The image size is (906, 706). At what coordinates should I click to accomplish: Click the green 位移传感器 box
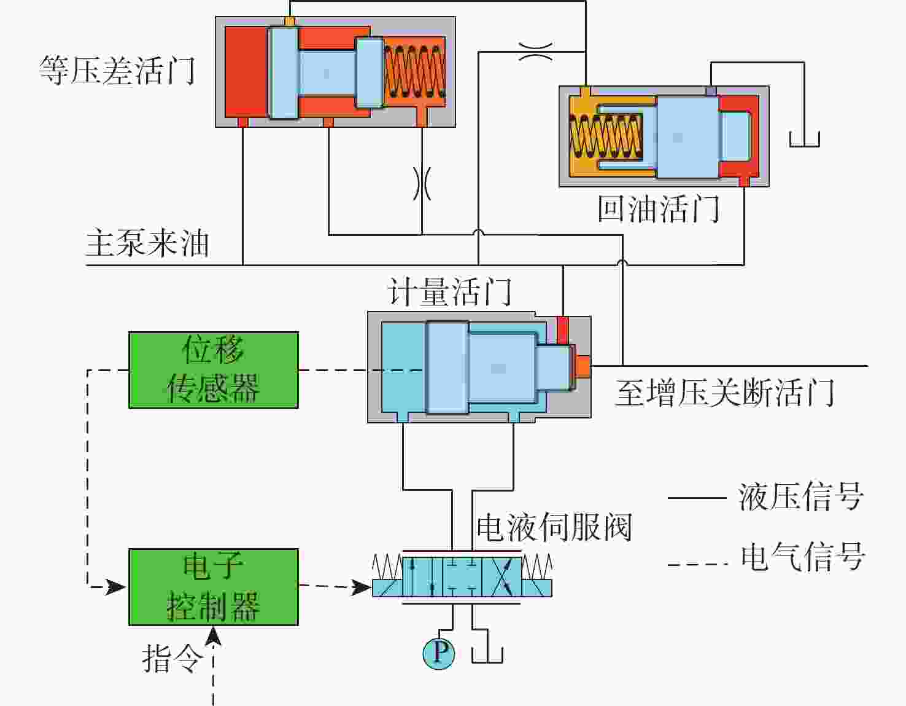[213, 370]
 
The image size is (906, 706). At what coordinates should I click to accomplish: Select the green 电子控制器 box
[213, 587]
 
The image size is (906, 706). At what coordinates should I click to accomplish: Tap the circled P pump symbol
[438, 653]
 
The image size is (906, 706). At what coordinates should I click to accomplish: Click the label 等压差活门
[117, 70]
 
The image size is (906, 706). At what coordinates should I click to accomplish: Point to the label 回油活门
[658, 209]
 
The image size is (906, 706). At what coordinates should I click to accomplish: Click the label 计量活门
[449, 292]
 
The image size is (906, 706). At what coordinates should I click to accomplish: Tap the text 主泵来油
[147, 243]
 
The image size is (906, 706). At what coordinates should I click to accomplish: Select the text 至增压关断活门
[725, 393]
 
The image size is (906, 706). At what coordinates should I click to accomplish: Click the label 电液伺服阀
[554, 527]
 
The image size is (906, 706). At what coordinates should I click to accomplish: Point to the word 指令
[172, 658]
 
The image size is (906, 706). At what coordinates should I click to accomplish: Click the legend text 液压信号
[801, 496]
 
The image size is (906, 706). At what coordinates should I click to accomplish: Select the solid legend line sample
[697, 498]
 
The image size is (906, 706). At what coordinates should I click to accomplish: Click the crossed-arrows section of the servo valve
[502, 576]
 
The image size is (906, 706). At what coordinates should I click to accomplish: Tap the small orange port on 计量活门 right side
[583, 366]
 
